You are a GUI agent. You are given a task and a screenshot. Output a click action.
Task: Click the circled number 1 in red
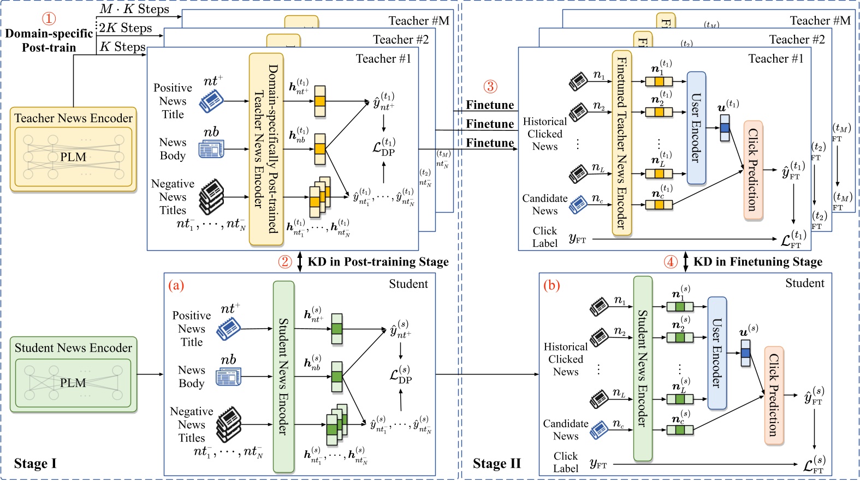point(49,19)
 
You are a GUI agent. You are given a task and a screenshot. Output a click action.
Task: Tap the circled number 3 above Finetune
point(490,86)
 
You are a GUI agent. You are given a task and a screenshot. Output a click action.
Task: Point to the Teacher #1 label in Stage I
point(383,59)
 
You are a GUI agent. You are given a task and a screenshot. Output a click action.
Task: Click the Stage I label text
point(35,463)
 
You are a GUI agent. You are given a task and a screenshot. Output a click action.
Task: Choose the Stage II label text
point(496,463)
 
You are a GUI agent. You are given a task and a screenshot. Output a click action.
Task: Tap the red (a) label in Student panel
point(176,285)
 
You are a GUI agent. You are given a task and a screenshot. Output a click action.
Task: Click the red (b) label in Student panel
point(551,285)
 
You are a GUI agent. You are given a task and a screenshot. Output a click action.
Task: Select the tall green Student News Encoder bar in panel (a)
point(283,376)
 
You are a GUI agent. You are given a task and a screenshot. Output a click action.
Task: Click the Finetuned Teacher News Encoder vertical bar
point(621,143)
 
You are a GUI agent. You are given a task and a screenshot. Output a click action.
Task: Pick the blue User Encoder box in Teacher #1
point(696,128)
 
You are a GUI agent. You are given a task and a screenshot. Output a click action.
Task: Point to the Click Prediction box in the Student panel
point(774,395)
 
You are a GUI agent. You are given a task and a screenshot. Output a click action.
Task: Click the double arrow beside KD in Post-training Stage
point(300,262)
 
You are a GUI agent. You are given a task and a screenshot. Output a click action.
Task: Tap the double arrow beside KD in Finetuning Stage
point(686,262)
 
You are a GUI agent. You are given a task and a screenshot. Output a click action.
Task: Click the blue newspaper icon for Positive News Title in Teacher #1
point(211,101)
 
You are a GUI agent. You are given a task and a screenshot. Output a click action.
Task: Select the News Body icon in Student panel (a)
point(228,377)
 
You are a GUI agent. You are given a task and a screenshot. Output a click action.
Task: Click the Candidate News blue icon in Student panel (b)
point(599,429)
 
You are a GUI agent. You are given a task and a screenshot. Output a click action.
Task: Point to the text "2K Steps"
point(126,28)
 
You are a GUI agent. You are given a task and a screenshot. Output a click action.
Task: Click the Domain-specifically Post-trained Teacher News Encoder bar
point(266,149)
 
